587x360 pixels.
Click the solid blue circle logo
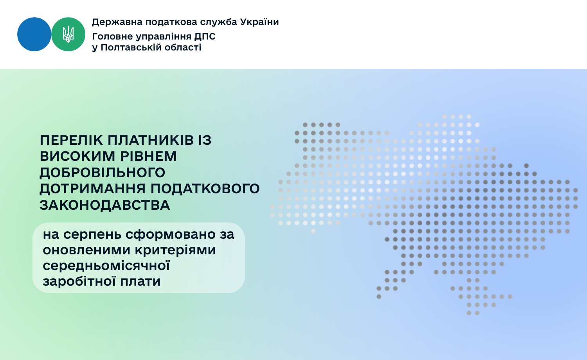point(34,34)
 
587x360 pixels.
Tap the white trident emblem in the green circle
point(68,34)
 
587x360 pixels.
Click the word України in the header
point(259,22)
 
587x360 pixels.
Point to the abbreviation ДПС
point(205,37)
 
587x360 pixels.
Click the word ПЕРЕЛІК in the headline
point(71,140)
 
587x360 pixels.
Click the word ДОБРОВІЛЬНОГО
point(103,173)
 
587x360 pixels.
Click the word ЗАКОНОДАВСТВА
point(105,205)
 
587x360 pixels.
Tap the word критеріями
point(175,250)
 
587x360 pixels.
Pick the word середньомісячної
point(106,266)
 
